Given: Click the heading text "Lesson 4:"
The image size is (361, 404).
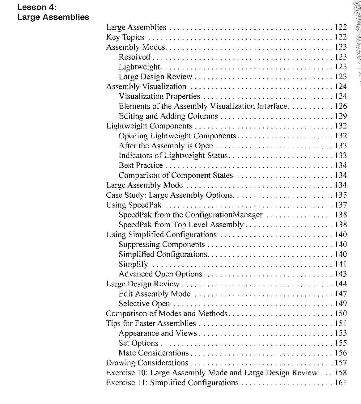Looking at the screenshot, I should pyautogui.click(x=37, y=7).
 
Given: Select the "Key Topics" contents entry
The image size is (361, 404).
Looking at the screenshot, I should pyautogui.click(x=125, y=37).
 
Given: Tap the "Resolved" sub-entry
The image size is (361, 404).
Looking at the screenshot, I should pyautogui.click(x=134, y=57).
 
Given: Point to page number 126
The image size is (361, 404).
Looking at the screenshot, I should pyautogui.click(x=341, y=106).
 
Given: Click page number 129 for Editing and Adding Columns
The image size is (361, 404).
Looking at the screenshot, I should pyautogui.click(x=341, y=116).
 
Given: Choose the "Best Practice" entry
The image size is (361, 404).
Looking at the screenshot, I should pyautogui.click(x=141, y=166).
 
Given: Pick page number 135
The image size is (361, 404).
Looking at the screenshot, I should pyautogui.click(x=341, y=195).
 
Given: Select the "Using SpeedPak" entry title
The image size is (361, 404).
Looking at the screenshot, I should pyautogui.click(x=134, y=205).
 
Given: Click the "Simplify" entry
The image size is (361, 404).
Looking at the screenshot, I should pyautogui.click(x=133, y=264).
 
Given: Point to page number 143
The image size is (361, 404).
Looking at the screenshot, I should pyautogui.click(x=341, y=274).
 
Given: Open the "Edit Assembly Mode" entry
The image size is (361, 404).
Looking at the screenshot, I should pyautogui.click(x=155, y=294).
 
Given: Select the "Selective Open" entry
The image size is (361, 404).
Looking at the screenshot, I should pyautogui.click(x=144, y=304).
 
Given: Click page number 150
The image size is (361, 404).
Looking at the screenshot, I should pyautogui.click(x=341, y=314).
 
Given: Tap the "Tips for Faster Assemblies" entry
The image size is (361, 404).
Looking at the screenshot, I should pyautogui.click(x=151, y=323).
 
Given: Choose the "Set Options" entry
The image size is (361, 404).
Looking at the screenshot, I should pyautogui.click(x=138, y=343).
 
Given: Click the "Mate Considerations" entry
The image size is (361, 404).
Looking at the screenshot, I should pyautogui.click(x=154, y=353).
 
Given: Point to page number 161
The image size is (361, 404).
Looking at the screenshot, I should pyautogui.click(x=341, y=383).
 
